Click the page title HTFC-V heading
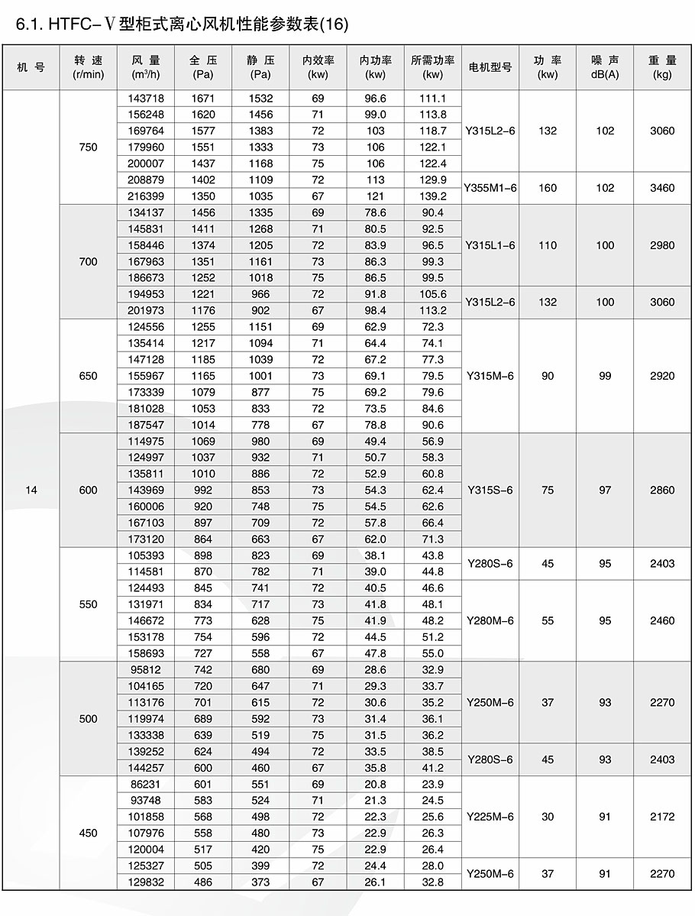pos(182,25)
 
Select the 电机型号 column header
pos(490,67)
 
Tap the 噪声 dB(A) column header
pos(605,67)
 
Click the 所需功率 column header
pos(433,67)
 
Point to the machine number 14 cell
pos(31,490)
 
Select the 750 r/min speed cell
pos(89,147)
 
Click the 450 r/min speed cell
pos(89,833)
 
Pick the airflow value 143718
pos(146,99)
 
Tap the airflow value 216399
pos(146,196)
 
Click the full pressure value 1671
pos(203,99)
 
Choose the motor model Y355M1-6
pos(490,188)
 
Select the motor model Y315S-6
pos(490,490)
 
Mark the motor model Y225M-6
pos(490,817)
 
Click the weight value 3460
pos(662,188)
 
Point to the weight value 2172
pos(662,817)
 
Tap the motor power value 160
pos(548,188)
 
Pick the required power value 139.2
pos(433,196)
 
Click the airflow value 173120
pos(146,539)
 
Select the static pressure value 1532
pos(260,99)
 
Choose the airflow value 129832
pos(146,882)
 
